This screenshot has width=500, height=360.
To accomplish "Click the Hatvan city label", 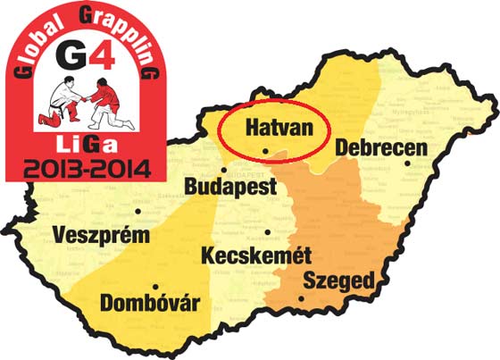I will (268, 129).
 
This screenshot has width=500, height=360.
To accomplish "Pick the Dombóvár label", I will (150, 301).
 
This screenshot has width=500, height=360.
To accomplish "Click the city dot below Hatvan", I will (266, 150).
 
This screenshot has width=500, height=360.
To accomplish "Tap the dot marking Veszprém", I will (138, 213).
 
